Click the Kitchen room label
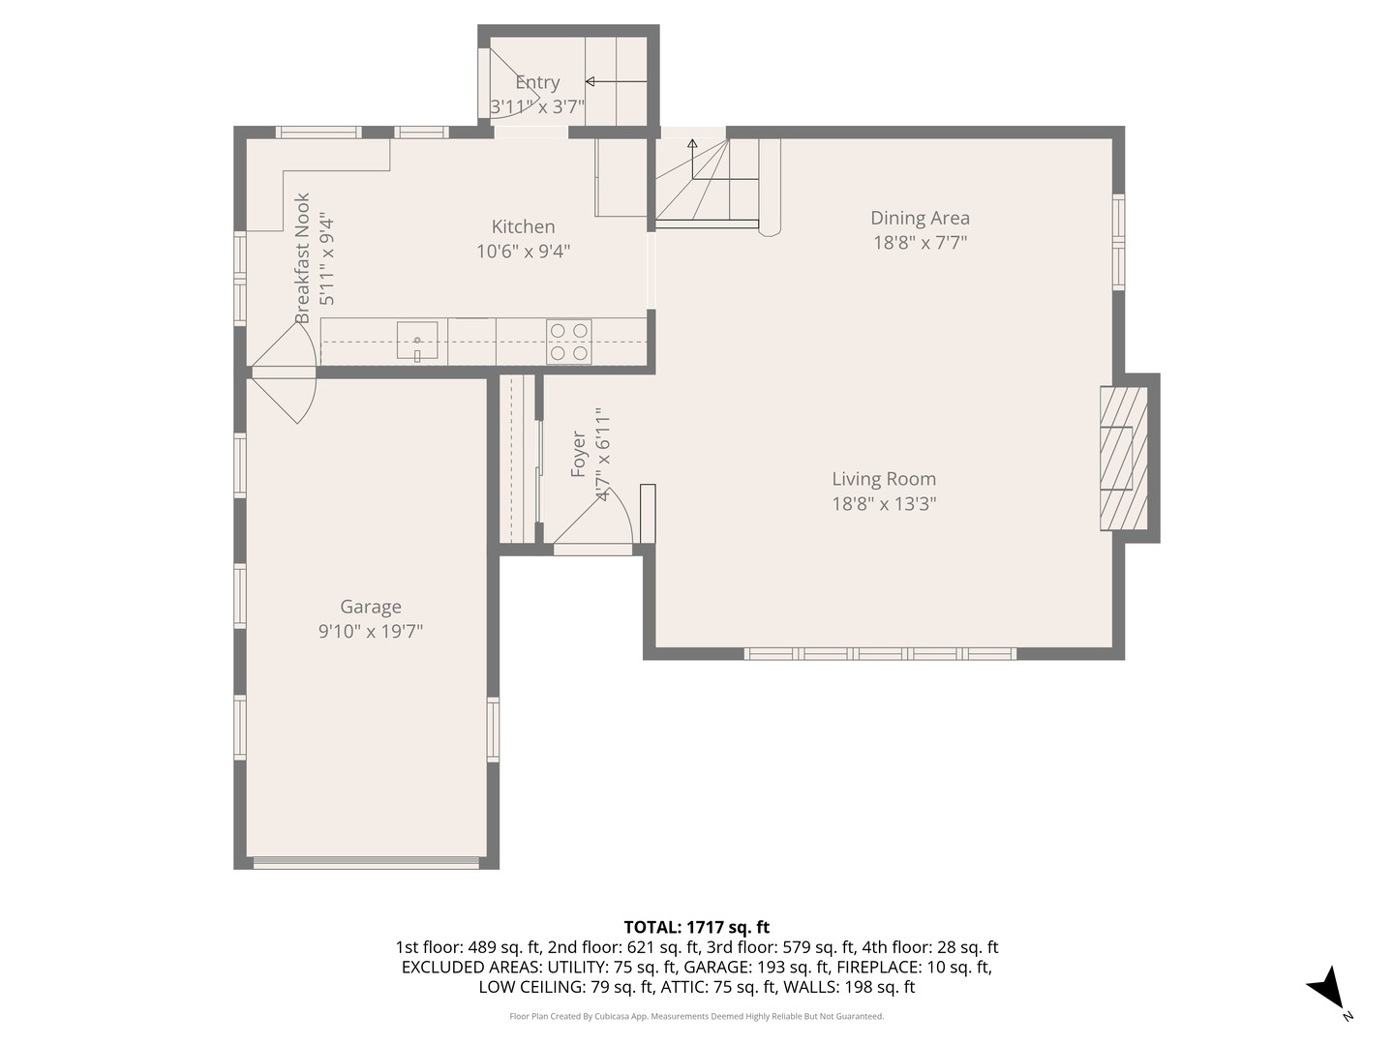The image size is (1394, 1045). (x=523, y=226)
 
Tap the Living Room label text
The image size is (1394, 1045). (x=884, y=478)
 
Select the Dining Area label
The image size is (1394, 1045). (x=920, y=218)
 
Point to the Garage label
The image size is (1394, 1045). (x=370, y=607)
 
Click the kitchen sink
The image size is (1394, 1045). (x=417, y=341)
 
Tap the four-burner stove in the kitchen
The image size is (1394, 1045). (x=569, y=342)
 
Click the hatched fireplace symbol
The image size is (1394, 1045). (x=1124, y=458)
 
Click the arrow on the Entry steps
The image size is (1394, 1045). (x=616, y=81)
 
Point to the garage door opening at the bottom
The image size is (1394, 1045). (x=366, y=863)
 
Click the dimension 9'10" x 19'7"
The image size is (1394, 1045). (x=370, y=631)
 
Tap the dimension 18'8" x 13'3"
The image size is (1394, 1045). (x=884, y=504)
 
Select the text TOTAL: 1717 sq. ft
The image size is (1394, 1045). (x=696, y=927)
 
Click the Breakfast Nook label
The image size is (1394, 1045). (x=302, y=258)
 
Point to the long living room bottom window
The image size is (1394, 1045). (x=880, y=653)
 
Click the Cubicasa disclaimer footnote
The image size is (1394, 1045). (x=696, y=1016)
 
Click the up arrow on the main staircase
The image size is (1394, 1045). (x=692, y=159)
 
